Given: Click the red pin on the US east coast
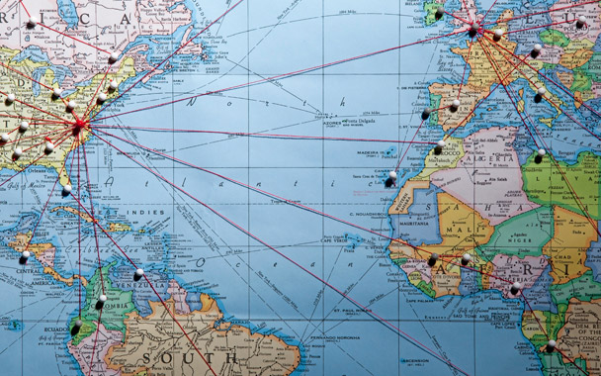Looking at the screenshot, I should tap(80, 125).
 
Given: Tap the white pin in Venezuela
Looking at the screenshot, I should tap(138, 273).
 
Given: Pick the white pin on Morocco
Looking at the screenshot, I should tap(438, 149).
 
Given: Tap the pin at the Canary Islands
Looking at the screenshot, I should tap(391, 179).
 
